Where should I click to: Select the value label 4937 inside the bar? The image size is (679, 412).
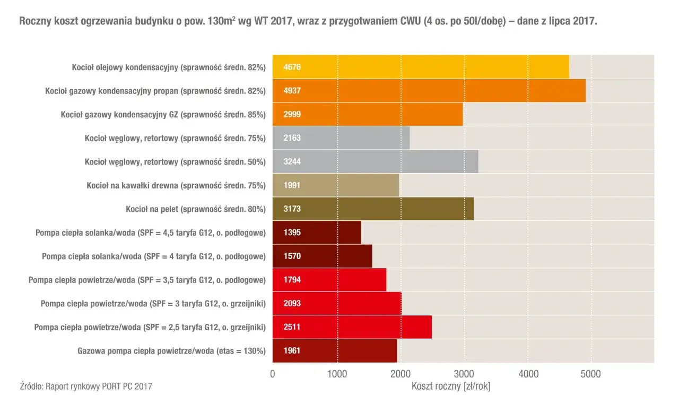pos(292,91)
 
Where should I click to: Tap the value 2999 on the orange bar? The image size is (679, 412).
pos(292,114)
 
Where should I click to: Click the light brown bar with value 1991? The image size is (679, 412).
pos(335,185)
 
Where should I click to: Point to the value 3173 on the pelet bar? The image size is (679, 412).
pos(292,209)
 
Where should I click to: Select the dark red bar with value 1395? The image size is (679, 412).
pos(317,233)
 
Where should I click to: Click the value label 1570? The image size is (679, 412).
pos(292,256)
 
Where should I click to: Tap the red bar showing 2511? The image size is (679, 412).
pos(352,327)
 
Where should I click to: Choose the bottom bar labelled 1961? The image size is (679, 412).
pos(334,350)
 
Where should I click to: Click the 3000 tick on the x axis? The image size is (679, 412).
pos(464,374)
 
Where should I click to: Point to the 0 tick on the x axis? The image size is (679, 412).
pos(273,374)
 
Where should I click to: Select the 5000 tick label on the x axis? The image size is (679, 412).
pos(591,374)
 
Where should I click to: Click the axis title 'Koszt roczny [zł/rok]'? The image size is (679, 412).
pos(451,387)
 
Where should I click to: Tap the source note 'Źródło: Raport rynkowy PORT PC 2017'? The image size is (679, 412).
pos(86,387)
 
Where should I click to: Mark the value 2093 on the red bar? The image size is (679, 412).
pos(292,303)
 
